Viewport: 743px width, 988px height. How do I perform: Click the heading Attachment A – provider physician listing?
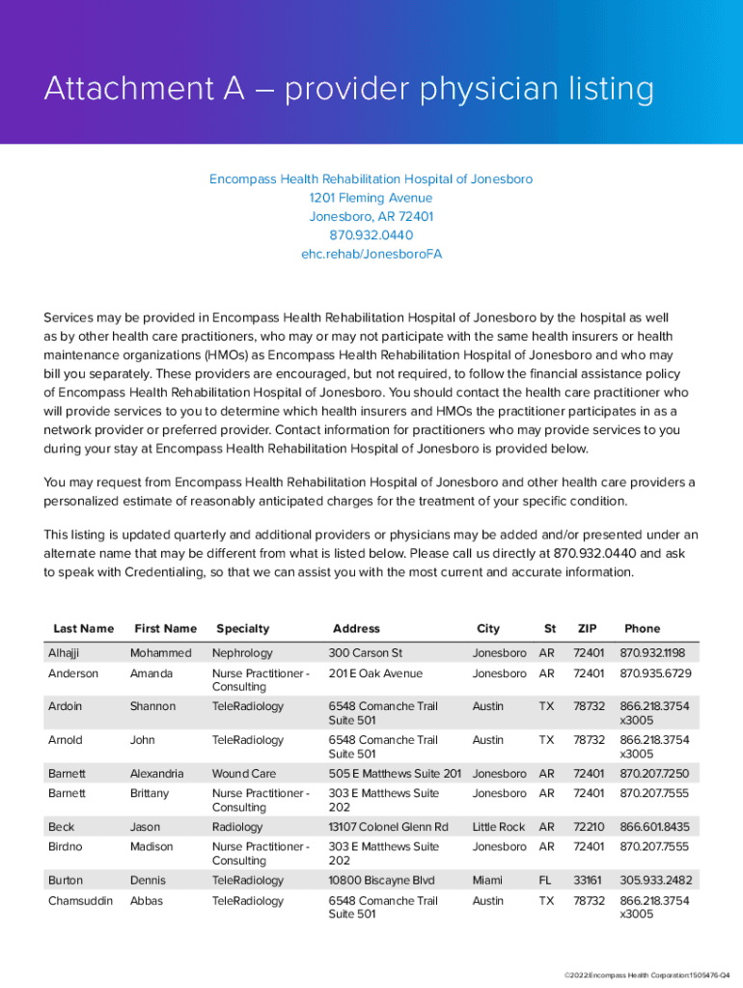(x=348, y=90)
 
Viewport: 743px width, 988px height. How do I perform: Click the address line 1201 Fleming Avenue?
(x=371, y=198)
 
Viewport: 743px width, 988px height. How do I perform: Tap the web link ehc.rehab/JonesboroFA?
(x=371, y=255)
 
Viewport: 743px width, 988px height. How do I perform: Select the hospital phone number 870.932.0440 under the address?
(x=371, y=235)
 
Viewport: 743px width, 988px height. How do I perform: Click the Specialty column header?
(x=242, y=628)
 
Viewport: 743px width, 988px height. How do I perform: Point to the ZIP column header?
(x=587, y=628)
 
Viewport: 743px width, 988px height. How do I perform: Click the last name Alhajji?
(x=66, y=653)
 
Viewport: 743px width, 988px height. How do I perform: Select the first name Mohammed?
(x=160, y=653)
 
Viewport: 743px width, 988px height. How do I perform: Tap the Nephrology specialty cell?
(x=242, y=653)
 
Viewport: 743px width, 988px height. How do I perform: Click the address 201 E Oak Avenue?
(x=375, y=673)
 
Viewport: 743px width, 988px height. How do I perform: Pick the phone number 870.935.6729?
(x=655, y=673)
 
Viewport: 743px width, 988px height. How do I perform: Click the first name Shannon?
(x=152, y=706)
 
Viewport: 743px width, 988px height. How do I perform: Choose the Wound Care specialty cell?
(x=244, y=774)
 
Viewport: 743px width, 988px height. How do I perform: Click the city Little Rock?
(x=498, y=827)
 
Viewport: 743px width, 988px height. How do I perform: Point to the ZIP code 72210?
(x=588, y=827)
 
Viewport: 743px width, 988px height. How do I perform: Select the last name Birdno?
(x=67, y=846)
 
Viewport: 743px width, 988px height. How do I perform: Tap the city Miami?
(x=487, y=880)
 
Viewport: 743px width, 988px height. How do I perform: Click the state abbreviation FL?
(x=546, y=880)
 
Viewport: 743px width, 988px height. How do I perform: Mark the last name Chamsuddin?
(x=80, y=900)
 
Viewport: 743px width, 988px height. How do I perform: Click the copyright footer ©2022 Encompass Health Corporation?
(x=635, y=976)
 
